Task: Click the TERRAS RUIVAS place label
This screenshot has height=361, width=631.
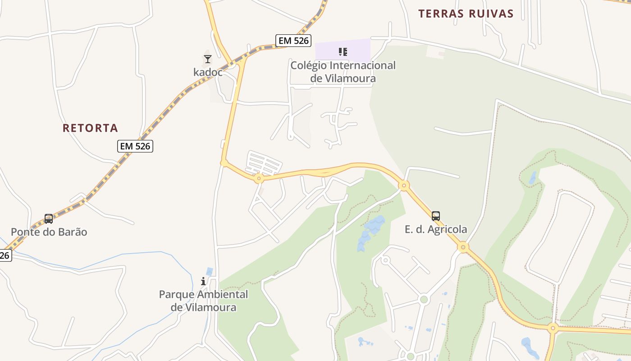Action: click(x=466, y=14)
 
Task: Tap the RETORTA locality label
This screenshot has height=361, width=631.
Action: click(x=90, y=128)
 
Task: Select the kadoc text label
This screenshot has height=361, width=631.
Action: click(x=208, y=72)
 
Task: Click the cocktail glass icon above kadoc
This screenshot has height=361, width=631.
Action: click(x=207, y=59)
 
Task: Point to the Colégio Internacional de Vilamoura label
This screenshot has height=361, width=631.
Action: click(x=343, y=72)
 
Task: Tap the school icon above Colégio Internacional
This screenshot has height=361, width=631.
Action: click(x=343, y=51)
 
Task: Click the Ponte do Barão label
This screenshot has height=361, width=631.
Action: click(x=49, y=232)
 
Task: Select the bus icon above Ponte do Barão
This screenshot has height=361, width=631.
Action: click(x=49, y=219)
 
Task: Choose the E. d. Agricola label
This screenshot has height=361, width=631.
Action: click(x=436, y=229)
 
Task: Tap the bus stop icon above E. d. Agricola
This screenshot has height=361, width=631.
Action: click(x=435, y=216)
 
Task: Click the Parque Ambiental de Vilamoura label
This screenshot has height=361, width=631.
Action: click(x=203, y=301)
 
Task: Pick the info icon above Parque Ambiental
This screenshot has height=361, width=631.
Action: click(x=203, y=281)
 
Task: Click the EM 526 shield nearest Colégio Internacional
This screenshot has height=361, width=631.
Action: click(x=294, y=41)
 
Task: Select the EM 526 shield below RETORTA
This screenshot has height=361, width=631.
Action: click(x=135, y=146)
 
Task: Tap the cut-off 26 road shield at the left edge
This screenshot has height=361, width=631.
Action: click(x=5, y=255)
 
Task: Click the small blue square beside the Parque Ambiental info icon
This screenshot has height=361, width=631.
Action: click(x=210, y=271)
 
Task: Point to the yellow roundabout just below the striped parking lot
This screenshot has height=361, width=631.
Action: click(x=259, y=179)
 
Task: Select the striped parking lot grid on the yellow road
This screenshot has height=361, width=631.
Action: click(x=263, y=163)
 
